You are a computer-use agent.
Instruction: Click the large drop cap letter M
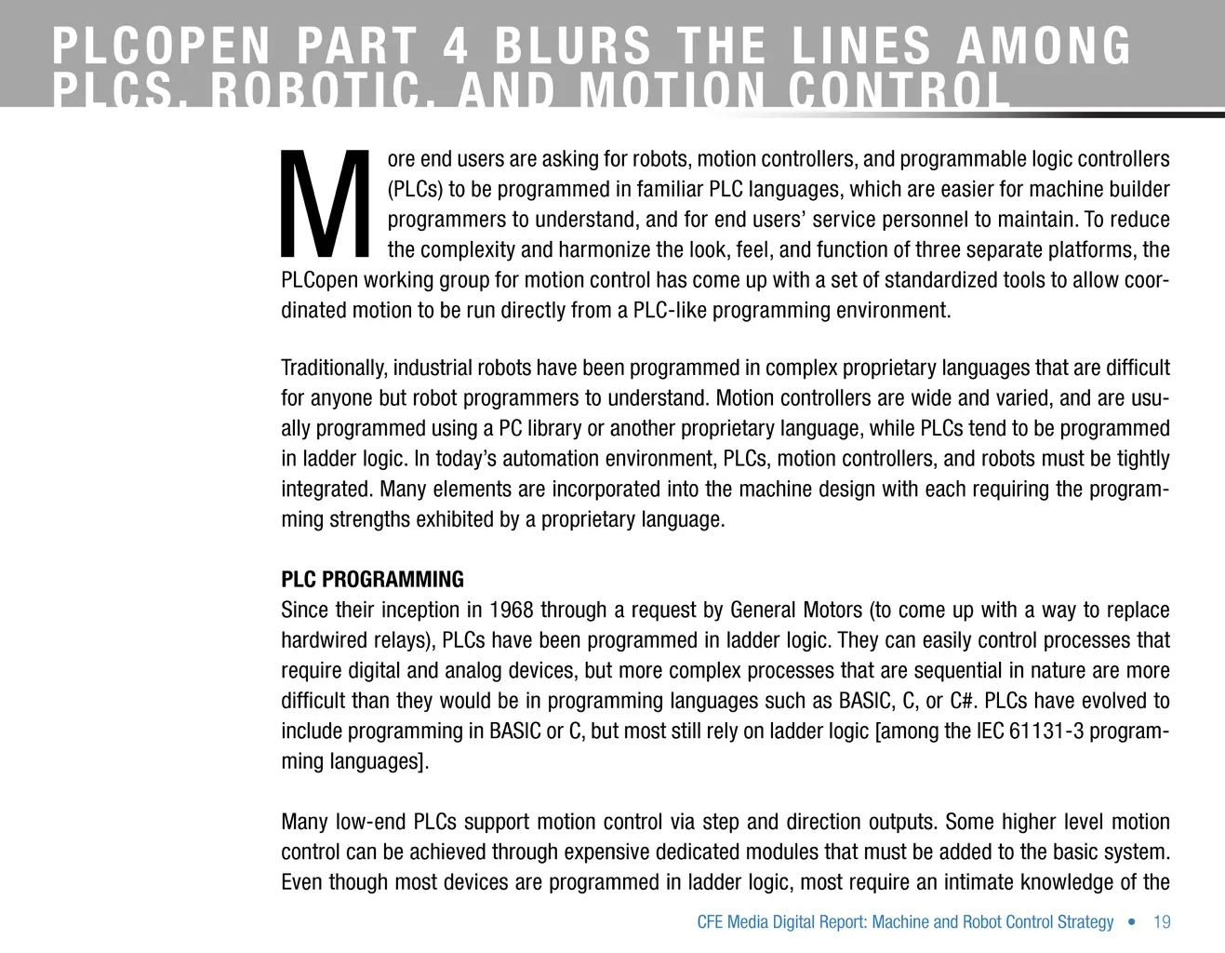point(325,205)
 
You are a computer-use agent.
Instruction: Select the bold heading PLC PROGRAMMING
point(372,580)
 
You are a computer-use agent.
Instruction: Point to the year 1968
point(511,611)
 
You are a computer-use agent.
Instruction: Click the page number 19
point(1162,922)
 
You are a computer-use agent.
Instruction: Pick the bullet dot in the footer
point(1131,922)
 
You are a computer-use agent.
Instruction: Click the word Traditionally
point(333,369)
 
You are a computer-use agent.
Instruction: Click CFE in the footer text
point(710,922)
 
